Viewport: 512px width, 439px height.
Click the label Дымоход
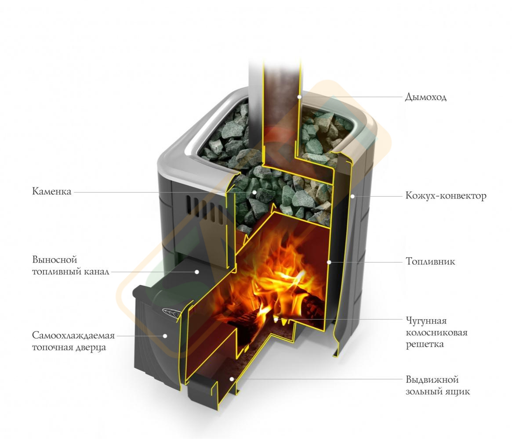tap(425, 97)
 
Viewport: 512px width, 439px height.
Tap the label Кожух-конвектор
tap(446, 196)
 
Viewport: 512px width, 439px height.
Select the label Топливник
tap(430, 261)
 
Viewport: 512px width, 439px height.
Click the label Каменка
tap(51, 191)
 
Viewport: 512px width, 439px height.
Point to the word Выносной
tap(54, 259)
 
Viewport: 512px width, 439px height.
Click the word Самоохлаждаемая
tap(73, 335)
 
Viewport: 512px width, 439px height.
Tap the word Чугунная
tap(426, 321)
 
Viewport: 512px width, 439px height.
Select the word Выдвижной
tap(432, 380)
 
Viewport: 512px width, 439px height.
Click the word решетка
tap(425, 345)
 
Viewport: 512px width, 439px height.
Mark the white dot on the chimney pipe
tap(299, 97)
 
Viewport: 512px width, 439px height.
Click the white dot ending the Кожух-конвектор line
tap(352, 196)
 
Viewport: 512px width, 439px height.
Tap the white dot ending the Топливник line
tap(329, 262)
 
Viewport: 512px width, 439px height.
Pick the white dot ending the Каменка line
tap(254, 192)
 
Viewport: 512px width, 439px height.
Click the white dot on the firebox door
tap(165, 335)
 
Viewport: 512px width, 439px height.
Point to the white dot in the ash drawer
tap(232, 379)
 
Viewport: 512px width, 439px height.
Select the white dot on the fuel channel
tap(197, 271)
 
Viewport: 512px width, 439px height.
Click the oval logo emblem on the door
tap(172, 313)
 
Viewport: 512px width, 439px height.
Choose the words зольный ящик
tap(438, 392)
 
